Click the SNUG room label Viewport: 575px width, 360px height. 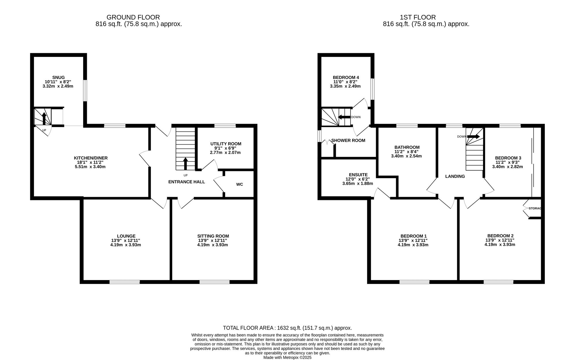coord(58,77)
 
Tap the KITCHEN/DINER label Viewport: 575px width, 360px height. coord(91,158)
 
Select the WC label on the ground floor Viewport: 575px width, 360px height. coord(239,184)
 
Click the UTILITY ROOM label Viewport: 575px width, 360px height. coord(226,144)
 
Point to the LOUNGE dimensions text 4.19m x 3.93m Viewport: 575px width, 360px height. coord(126,245)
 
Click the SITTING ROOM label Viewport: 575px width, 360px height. coord(213,236)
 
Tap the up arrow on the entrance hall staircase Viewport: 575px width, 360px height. coord(185,163)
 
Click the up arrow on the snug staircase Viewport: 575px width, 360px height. coord(44,118)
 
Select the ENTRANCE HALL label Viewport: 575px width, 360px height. coord(187,182)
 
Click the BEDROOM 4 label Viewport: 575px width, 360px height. coord(346,77)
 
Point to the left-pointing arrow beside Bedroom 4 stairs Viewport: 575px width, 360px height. coord(344,117)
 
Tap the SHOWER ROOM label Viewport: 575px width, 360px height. coord(348,140)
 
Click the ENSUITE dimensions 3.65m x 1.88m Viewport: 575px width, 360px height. coord(358,183)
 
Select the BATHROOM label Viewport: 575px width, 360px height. coord(407,147)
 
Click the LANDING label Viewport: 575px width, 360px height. coord(455,176)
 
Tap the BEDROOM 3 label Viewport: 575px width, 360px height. coord(508,158)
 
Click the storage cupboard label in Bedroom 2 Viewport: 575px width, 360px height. coord(535,208)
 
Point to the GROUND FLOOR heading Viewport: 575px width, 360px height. coord(133,18)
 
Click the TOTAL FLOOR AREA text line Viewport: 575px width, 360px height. coord(287,328)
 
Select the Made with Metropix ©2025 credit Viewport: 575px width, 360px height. coord(287,358)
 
